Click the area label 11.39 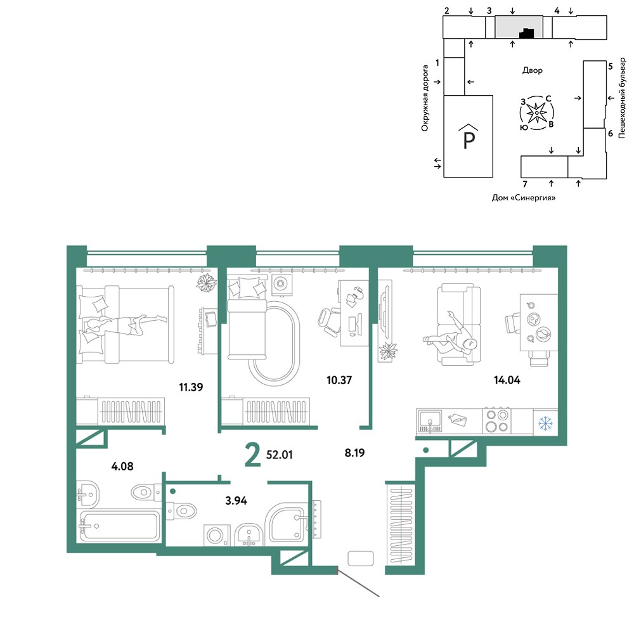tap(191, 387)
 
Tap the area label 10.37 tap(339, 380)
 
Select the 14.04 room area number tap(507, 380)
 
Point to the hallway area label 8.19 tap(354, 453)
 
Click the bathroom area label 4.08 tap(122, 467)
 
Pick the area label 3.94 tap(236, 501)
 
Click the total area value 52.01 tap(280, 455)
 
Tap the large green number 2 tap(253, 455)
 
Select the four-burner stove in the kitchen tap(497, 421)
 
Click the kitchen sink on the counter tap(430, 421)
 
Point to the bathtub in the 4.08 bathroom tap(119, 526)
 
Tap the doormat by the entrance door tap(361, 559)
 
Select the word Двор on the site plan tap(533, 70)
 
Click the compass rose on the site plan tap(536, 113)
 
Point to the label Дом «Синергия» tap(524, 198)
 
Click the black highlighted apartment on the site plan tap(526, 34)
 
